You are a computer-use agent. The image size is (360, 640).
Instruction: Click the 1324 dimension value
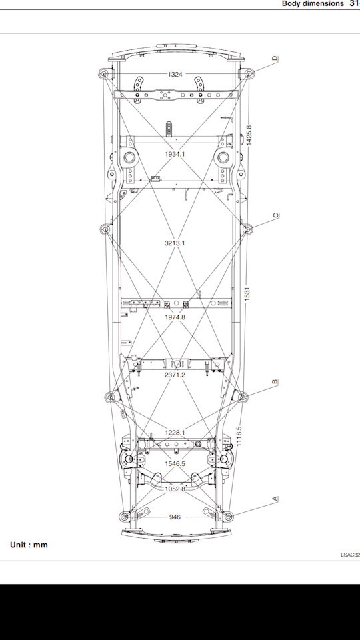click(175, 74)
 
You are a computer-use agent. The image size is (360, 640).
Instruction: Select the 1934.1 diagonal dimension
click(175, 154)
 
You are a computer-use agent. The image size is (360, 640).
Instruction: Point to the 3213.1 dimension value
click(175, 243)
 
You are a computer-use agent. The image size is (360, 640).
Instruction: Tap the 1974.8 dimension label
click(175, 317)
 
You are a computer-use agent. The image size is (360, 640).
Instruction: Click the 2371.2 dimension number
click(175, 375)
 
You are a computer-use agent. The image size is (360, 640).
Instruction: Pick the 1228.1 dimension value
click(175, 433)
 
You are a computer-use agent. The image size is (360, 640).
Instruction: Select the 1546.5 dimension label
click(175, 464)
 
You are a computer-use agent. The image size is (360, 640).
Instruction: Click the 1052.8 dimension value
click(175, 489)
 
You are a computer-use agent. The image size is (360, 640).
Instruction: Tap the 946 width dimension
click(175, 517)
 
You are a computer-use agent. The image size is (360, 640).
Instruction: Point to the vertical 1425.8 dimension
click(249, 135)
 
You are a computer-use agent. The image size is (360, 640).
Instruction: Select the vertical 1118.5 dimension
click(239, 436)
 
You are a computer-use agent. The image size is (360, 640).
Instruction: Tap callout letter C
click(275, 215)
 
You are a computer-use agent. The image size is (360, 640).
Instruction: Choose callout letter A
click(275, 499)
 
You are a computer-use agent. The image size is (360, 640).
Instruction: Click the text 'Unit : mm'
click(29, 545)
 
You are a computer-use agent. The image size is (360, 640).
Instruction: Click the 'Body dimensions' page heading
click(313, 3)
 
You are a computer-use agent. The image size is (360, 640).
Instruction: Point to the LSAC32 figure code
click(351, 555)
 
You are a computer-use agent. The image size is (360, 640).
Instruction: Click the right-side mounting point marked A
click(228, 516)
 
